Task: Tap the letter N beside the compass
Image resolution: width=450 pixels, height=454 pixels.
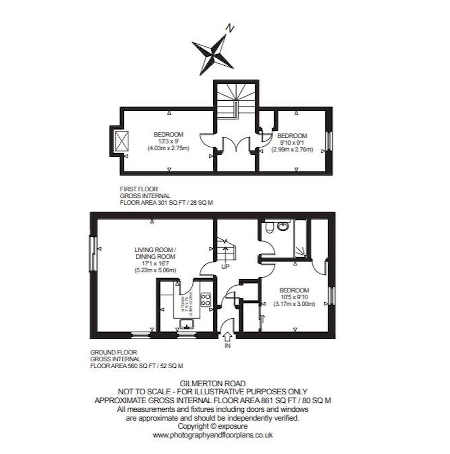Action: [230, 28]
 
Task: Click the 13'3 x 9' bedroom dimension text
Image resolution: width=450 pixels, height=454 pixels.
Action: [168, 141]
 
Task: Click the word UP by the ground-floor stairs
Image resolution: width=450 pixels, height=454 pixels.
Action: [225, 266]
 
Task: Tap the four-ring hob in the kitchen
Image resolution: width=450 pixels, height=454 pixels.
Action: [205, 299]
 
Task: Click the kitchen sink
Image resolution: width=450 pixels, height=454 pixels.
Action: [186, 325]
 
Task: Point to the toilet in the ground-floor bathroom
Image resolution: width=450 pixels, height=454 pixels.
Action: [269, 228]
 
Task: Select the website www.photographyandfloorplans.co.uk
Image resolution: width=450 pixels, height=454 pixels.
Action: [213, 435]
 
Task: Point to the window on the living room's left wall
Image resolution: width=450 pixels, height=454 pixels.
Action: [92, 254]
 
